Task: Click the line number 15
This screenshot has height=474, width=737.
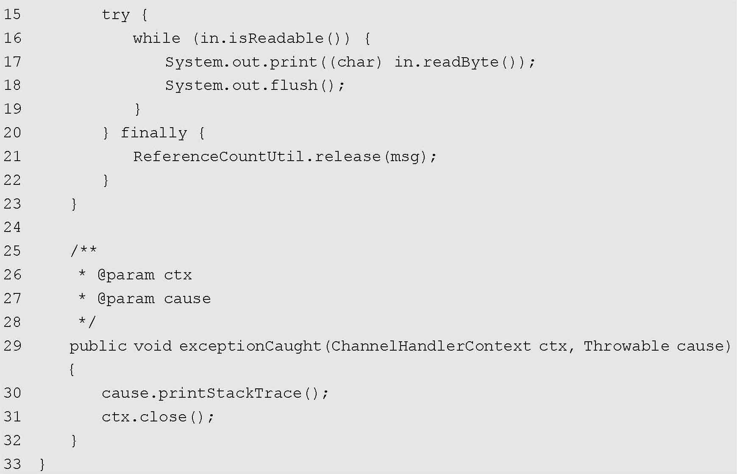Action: click(x=12, y=14)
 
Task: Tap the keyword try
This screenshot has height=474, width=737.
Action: click(x=115, y=15)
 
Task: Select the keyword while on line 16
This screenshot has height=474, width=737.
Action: click(x=156, y=39)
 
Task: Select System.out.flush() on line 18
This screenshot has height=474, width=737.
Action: click(x=254, y=86)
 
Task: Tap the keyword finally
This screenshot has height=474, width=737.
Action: click(x=153, y=133)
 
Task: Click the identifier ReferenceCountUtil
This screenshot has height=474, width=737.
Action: click(x=219, y=157)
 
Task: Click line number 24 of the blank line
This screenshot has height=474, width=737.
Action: click(x=12, y=228)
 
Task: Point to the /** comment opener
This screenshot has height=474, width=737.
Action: click(x=83, y=251)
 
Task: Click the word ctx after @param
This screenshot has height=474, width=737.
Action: click(x=178, y=275)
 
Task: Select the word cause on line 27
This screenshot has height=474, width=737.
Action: click(x=187, y=299)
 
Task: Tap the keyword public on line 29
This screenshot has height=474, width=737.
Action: click(x=98, y=346)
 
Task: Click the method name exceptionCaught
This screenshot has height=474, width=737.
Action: click(x=250, y=346)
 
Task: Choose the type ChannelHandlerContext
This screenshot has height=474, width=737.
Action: click(x=431, y=346)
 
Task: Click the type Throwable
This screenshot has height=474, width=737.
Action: click(x=626, y=346)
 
